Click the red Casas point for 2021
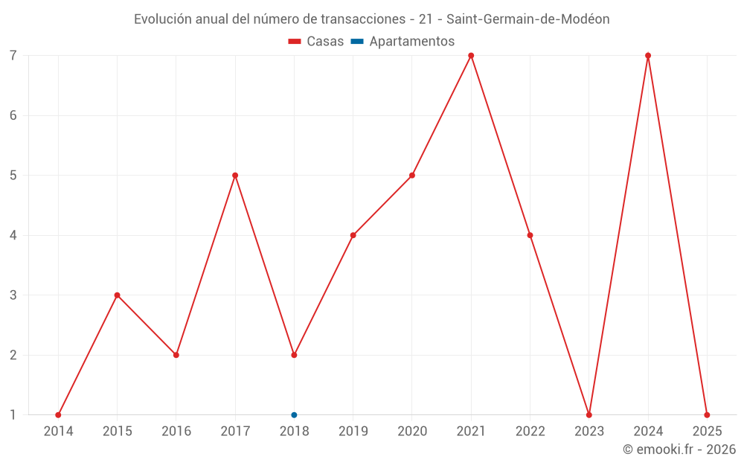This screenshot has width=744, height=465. (x=471, y=56)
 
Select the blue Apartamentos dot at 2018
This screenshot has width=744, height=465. (x=294, y=415)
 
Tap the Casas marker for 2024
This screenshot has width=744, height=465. (x=648, y=56)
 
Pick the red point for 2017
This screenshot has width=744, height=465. (x=235, y=176)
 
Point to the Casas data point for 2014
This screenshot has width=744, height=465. (x=58, y=415)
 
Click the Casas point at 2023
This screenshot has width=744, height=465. (x=589, y=415)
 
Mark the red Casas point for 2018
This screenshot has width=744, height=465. (x=294, y=355)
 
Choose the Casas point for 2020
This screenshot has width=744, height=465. (x=412, y=176)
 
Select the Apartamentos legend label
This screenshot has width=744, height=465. (x=411, y=42)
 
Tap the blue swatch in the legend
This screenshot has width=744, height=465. (x=356, y=42)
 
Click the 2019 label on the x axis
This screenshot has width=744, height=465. (x=353, y=432)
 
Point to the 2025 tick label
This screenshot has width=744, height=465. (x=707, y=432)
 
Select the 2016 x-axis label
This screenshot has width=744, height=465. (x=176, y=432)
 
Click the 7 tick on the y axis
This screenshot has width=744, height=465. (x=13, y=56)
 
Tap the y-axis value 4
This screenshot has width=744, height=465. (x=13, y=235)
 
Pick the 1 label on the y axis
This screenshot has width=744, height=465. (x=13, y=415)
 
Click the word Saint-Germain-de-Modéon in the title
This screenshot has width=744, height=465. (x=527, y=19)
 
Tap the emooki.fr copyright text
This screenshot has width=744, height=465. (x=679, y=449)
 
